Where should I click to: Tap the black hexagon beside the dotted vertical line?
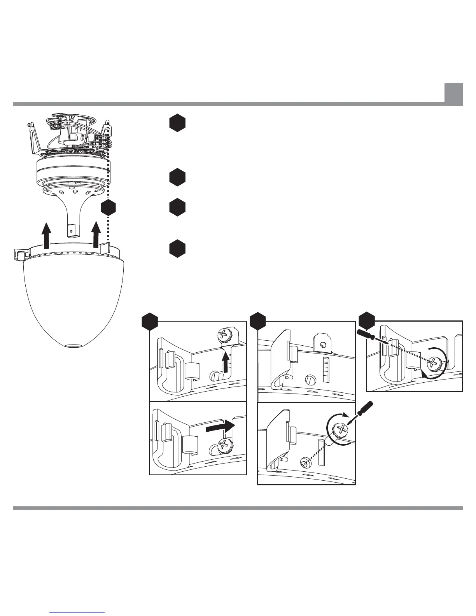click(108, 208)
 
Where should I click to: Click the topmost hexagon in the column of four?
click(177, 123)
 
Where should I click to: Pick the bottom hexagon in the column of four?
click(177, 248)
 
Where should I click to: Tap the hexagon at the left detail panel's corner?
click(150, 322)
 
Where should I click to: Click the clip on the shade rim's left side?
click(19, 255)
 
